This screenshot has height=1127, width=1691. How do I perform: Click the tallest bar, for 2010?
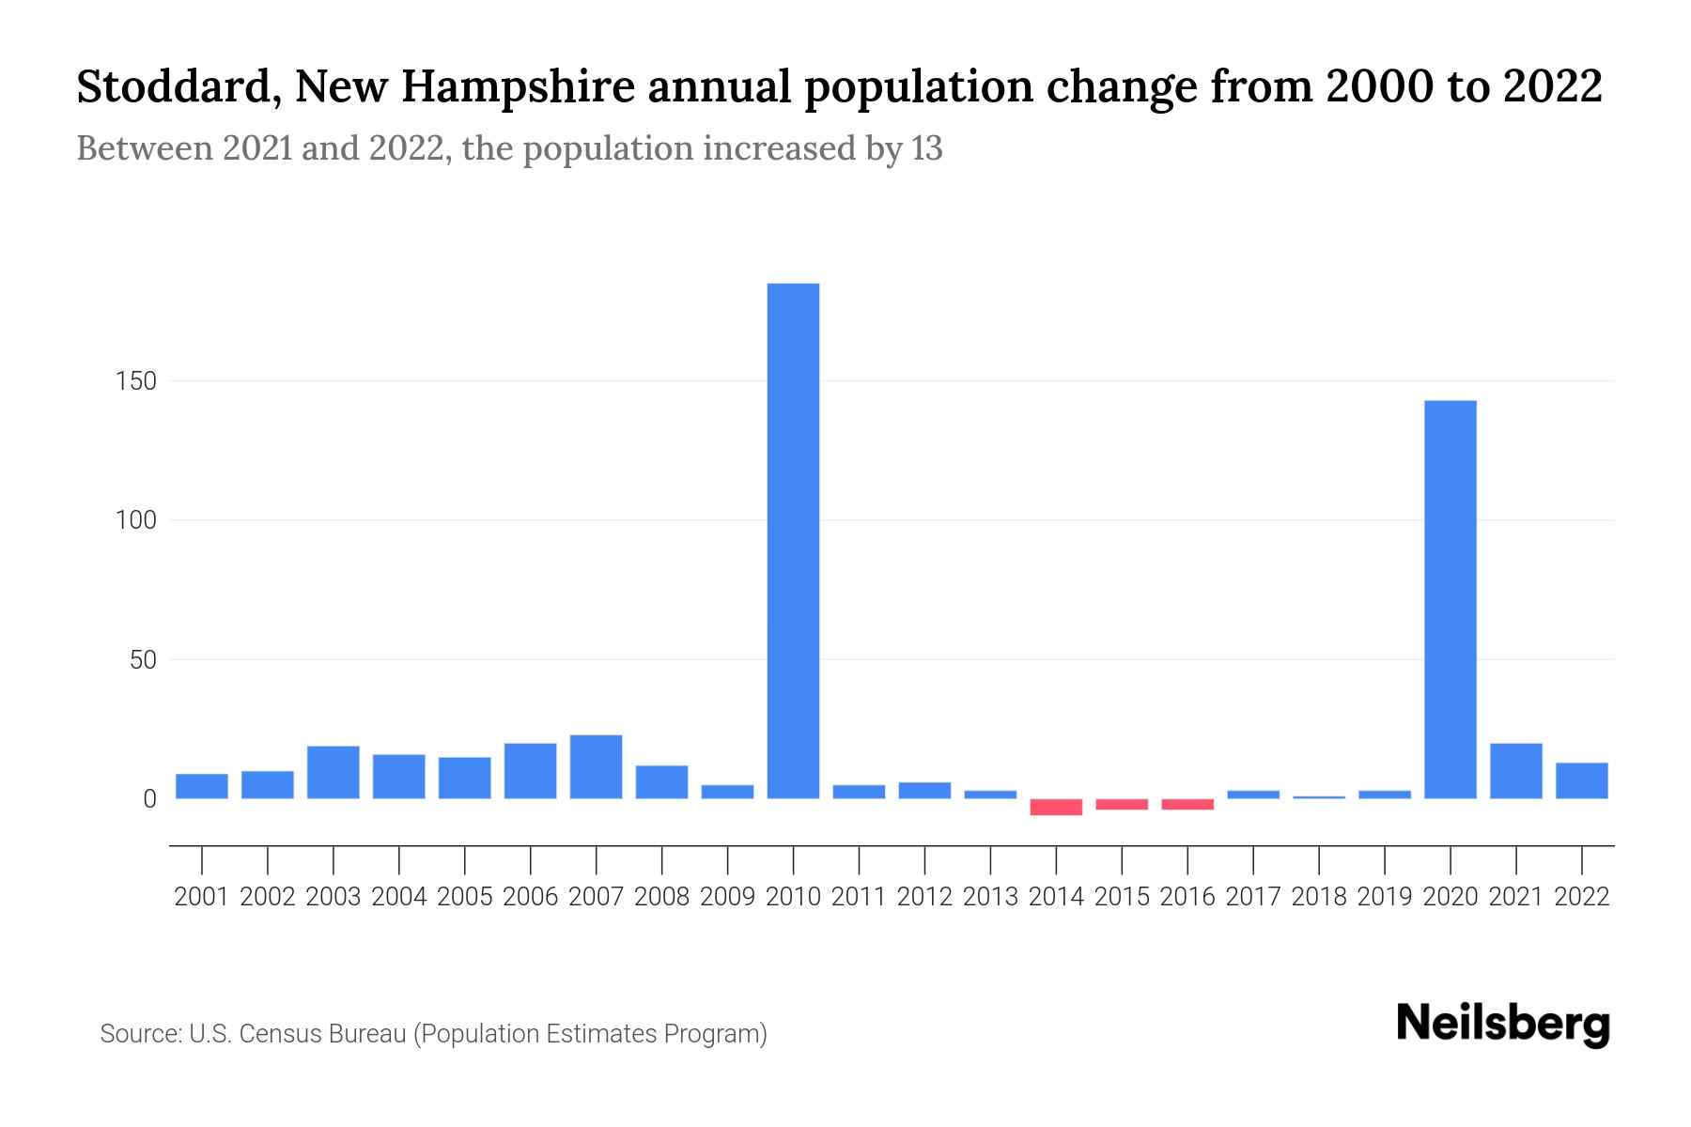(793, 540)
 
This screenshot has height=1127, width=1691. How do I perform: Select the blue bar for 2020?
(1450, 599)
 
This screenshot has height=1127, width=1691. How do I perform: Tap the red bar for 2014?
(1056, 807)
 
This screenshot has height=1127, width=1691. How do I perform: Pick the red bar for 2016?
(1187, 804)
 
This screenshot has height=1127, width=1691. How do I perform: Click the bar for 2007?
(596, 766)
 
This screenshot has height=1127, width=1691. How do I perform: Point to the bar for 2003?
(334, 772)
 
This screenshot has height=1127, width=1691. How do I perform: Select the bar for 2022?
(1581, 780)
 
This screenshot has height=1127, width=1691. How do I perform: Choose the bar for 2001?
(202, 786)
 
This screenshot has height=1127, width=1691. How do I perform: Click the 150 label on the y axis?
(135, 381)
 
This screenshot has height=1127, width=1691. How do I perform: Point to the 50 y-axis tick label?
(143, 660)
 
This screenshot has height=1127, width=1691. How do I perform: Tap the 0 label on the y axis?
(149, 799)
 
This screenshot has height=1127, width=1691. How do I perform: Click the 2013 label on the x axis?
(990, 897)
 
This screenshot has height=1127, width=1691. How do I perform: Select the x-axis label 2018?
(1319, 897)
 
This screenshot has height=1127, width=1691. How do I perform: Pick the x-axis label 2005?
(465, 897)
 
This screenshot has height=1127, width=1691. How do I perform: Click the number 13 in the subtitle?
(926, 148)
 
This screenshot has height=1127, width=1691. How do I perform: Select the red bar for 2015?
(1122, 804)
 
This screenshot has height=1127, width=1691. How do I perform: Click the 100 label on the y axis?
(135, 520)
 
